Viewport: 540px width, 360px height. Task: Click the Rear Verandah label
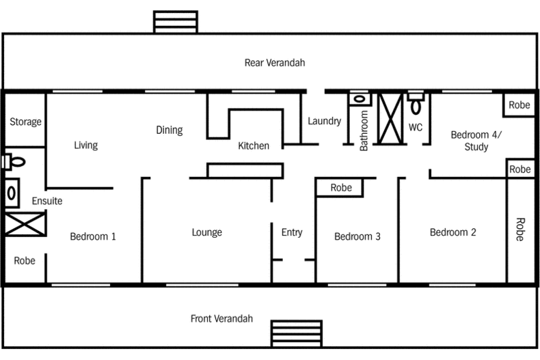(275, 63)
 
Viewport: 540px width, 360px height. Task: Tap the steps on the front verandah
(296, 334)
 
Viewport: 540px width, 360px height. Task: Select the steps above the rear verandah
(176, 21)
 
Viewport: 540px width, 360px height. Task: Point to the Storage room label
(25, 122)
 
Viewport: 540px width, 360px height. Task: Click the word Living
(86, 145)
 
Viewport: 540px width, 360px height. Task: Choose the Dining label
(169, 130)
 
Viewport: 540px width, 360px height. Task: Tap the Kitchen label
(253, 146)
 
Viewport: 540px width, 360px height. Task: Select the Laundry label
(324, 121)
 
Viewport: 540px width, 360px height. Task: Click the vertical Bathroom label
(364, 130)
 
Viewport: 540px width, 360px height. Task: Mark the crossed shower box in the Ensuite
(25, 224)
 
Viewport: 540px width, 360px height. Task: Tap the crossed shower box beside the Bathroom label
(392, 118)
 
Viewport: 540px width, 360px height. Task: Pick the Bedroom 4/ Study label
(476, 141)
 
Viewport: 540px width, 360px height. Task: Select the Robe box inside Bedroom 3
(341, 188)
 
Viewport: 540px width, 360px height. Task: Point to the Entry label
(292, 232)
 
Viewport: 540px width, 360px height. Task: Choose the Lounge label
(206, 232)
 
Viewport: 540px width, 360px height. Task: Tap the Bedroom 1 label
(93, 236)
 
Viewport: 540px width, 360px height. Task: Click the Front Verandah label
(221, 318)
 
